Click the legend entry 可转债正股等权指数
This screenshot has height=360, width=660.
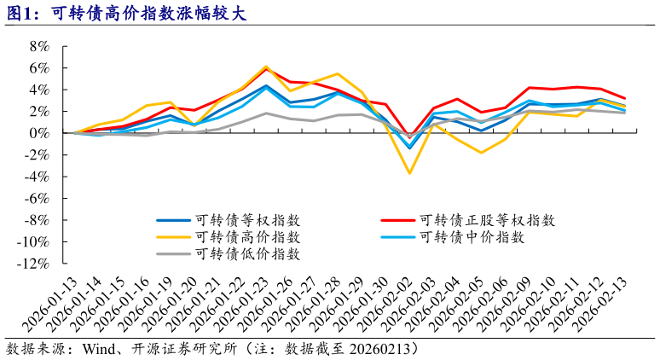pyautogui.click(x=487, y=219)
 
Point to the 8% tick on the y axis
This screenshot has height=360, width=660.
pyautogui.click(x=40, y=46)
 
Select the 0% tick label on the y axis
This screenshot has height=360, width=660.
pyautogui.click(x=40, y=133)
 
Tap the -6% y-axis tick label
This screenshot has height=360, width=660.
pyautogui.click(x=38, y=199)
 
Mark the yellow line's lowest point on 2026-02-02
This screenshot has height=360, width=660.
pyautogui.click(x=410, y=173)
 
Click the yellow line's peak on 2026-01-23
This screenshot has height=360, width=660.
pyautogui.click(x=266, y=67)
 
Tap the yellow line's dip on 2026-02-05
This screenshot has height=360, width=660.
pyautogui.click(x=482, y=153)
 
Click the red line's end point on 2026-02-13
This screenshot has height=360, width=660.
pyautogui.click(x=649, y=99)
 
